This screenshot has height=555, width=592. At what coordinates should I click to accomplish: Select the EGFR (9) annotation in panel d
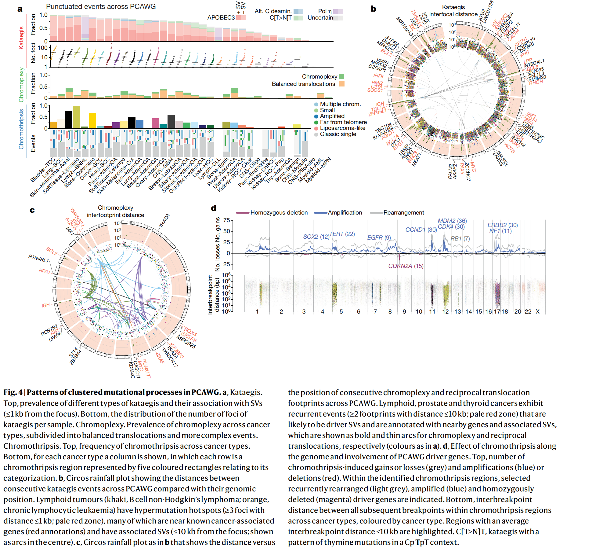pyautogui.click(x=379, y=237)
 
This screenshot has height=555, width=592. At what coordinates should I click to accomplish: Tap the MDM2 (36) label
pyautogui.click(x=452, y=221)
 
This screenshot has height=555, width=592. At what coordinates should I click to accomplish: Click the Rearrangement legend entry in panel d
pyautogui.click(x=403, y=213)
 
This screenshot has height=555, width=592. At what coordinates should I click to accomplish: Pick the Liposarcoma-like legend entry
pyautogui.click(x=342, y=128)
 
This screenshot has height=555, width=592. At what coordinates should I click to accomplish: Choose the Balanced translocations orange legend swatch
pyautogui.click(x=342, y=84)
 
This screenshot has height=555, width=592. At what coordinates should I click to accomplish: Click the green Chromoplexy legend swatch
pyautogui.click(x=341, y=76)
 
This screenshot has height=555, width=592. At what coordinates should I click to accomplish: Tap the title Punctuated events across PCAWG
pyautogui.click(x=101, y=6)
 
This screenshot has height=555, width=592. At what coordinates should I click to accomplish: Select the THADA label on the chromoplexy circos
pyautogui.click(x=164, y=221)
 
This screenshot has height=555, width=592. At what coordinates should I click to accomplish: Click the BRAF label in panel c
pyautogui.click(x=160, y=358)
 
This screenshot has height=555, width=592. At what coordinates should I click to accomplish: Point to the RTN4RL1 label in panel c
pyautogui.click(x=38, y=259)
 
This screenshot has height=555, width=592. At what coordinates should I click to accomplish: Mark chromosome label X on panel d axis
pyautogui.click(x=538, y=312)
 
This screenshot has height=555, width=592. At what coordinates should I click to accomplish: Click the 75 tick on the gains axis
pyautogui.click(x=227, y=220)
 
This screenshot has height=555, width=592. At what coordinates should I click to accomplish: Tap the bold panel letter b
pyautogui.click(x=374, y=9)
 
